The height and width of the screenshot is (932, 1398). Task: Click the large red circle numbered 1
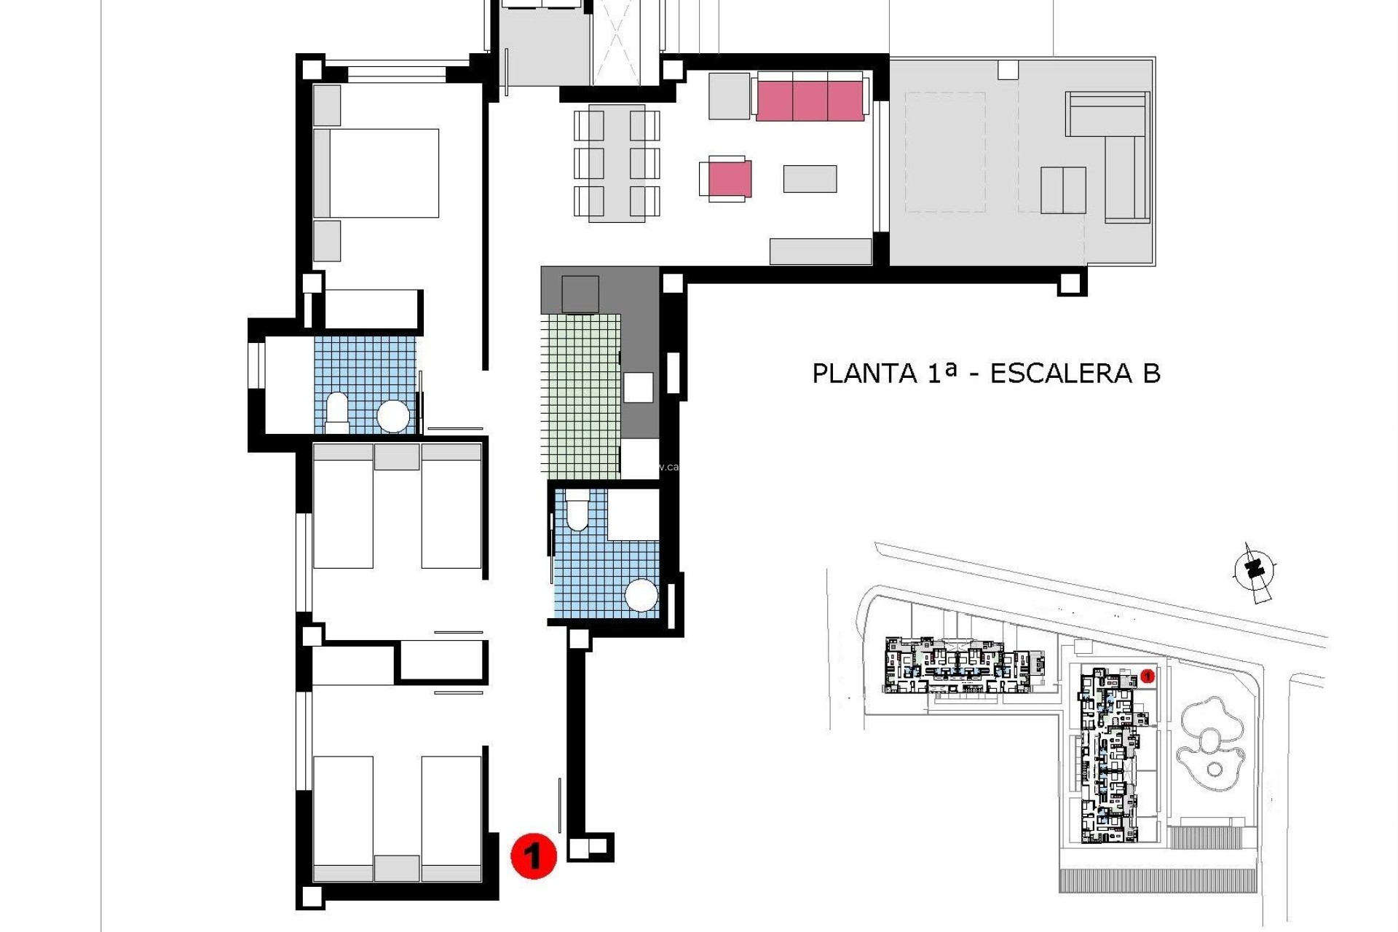[x=533, y=856]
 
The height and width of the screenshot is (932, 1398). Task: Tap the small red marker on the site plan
[x=1148, y=676]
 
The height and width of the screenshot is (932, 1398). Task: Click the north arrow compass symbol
[x=1254, y=572]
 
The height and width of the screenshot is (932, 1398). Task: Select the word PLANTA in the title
[x=864, y=374]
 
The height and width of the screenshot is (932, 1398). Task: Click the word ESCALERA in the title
[x=1060, y=374]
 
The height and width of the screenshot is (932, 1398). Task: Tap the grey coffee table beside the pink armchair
[x=810, y=179]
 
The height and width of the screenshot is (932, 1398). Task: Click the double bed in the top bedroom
[x=377, y=173]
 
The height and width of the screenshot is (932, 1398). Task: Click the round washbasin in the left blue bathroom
[x=394, y=416]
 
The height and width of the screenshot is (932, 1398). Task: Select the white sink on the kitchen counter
[x=638, y=387]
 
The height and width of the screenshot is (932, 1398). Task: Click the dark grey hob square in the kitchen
[x=580, y=294]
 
